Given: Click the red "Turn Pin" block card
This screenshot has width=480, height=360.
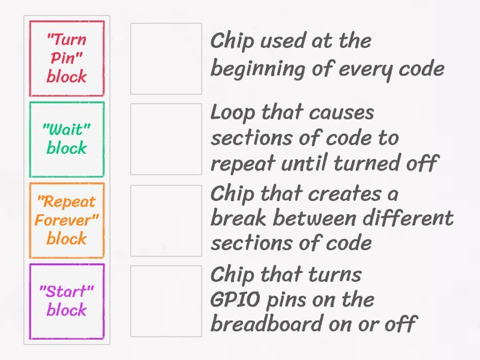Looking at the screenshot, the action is click(67, 58).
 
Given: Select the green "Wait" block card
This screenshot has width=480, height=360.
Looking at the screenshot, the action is click(67, 139).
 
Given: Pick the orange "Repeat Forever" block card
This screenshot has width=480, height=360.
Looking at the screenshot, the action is click(67, 220).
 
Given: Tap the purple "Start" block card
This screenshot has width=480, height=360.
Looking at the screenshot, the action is click(67, 301).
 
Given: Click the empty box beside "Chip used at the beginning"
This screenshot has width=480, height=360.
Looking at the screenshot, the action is click(166, 58).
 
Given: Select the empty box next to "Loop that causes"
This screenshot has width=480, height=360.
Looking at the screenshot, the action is click(166, 139).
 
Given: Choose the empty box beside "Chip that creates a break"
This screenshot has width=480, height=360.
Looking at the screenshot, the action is click(166, 220).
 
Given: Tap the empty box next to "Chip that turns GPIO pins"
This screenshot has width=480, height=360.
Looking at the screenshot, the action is click(166, 301).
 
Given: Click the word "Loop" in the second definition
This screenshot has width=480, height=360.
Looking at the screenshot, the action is click(233, 113).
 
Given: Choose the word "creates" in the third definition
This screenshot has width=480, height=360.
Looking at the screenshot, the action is click(344, 194).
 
